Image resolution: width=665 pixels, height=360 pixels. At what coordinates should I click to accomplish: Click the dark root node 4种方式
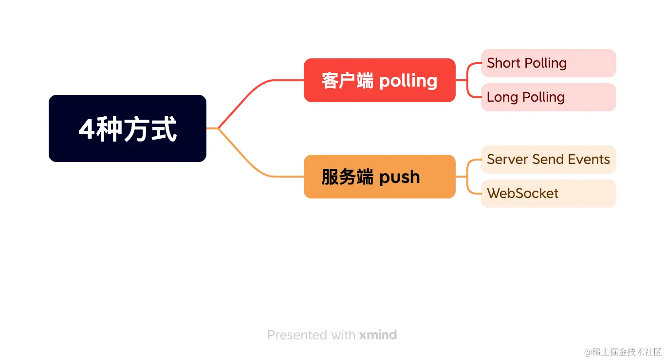pyautogui.click(x=128, y=128)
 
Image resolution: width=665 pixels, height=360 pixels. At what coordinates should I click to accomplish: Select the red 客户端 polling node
pyautogui.click(x=379, y=80)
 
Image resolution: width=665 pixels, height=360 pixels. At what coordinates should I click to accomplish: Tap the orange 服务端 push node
pyautogui.click(x=379, y=177)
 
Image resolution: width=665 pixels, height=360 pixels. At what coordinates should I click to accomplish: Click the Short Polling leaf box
pyautogui.click(x=548, y=63)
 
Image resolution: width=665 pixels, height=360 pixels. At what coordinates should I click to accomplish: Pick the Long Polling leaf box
pyautogui.click(x=548, y=97)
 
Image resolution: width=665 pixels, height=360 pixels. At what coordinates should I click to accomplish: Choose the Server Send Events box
pyautogui.click(x=548, y=160)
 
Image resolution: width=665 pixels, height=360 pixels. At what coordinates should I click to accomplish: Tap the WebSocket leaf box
pyautogui.click(x=548, y=194)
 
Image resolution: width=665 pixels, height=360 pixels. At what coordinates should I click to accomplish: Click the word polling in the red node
pyautogui.click(x=408, y=81)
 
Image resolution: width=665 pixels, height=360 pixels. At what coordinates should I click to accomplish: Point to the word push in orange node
pyautogui.click(x=399, y=177)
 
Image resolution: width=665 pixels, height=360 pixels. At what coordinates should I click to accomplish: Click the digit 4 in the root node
pyautogui.click(x=86, y=129)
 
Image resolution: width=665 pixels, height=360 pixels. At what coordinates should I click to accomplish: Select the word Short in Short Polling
pyautogui.click(x=503, y=63)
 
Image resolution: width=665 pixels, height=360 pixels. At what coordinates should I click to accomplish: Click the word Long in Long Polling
pyautogui.click(x=502, y=97)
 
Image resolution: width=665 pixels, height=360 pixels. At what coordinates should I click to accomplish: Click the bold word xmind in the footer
pyautogui.click(x=378, y=335)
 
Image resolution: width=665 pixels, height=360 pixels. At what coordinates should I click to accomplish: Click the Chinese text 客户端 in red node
pyautogui.click(x=347, y=80)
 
